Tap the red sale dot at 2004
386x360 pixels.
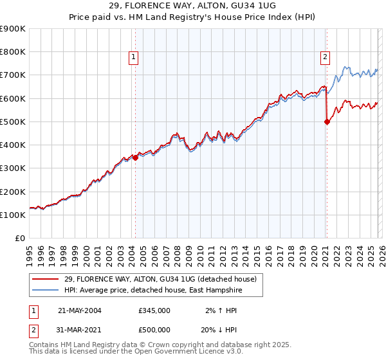coord(136,157)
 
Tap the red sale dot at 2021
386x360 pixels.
coord(327,122)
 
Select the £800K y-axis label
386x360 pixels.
coord(13,52)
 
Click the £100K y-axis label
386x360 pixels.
coord(13,215)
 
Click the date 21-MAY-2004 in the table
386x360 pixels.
coord(80,310)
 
